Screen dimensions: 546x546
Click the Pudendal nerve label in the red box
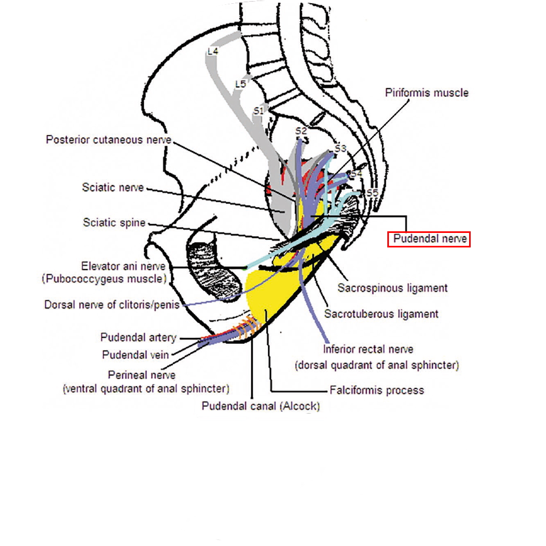429,239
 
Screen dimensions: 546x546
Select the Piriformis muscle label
427,93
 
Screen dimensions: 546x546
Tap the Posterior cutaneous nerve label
109,140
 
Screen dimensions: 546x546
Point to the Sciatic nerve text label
113,187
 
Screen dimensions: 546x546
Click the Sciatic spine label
114,222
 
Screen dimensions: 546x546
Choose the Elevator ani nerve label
123,266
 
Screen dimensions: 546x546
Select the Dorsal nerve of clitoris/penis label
113,305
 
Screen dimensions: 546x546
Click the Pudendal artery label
138,338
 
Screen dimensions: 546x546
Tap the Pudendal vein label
136,355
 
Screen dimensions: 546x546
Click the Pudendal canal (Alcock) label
260,406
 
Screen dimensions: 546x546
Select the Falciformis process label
377,390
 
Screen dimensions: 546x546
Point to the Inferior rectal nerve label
368,350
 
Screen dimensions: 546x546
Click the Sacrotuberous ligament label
381,314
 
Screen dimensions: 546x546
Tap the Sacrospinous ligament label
392,288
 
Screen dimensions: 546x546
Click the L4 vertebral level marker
212,51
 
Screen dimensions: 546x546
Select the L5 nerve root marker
240,84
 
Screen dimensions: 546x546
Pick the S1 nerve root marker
258,110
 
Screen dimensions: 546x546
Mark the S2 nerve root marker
301,131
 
